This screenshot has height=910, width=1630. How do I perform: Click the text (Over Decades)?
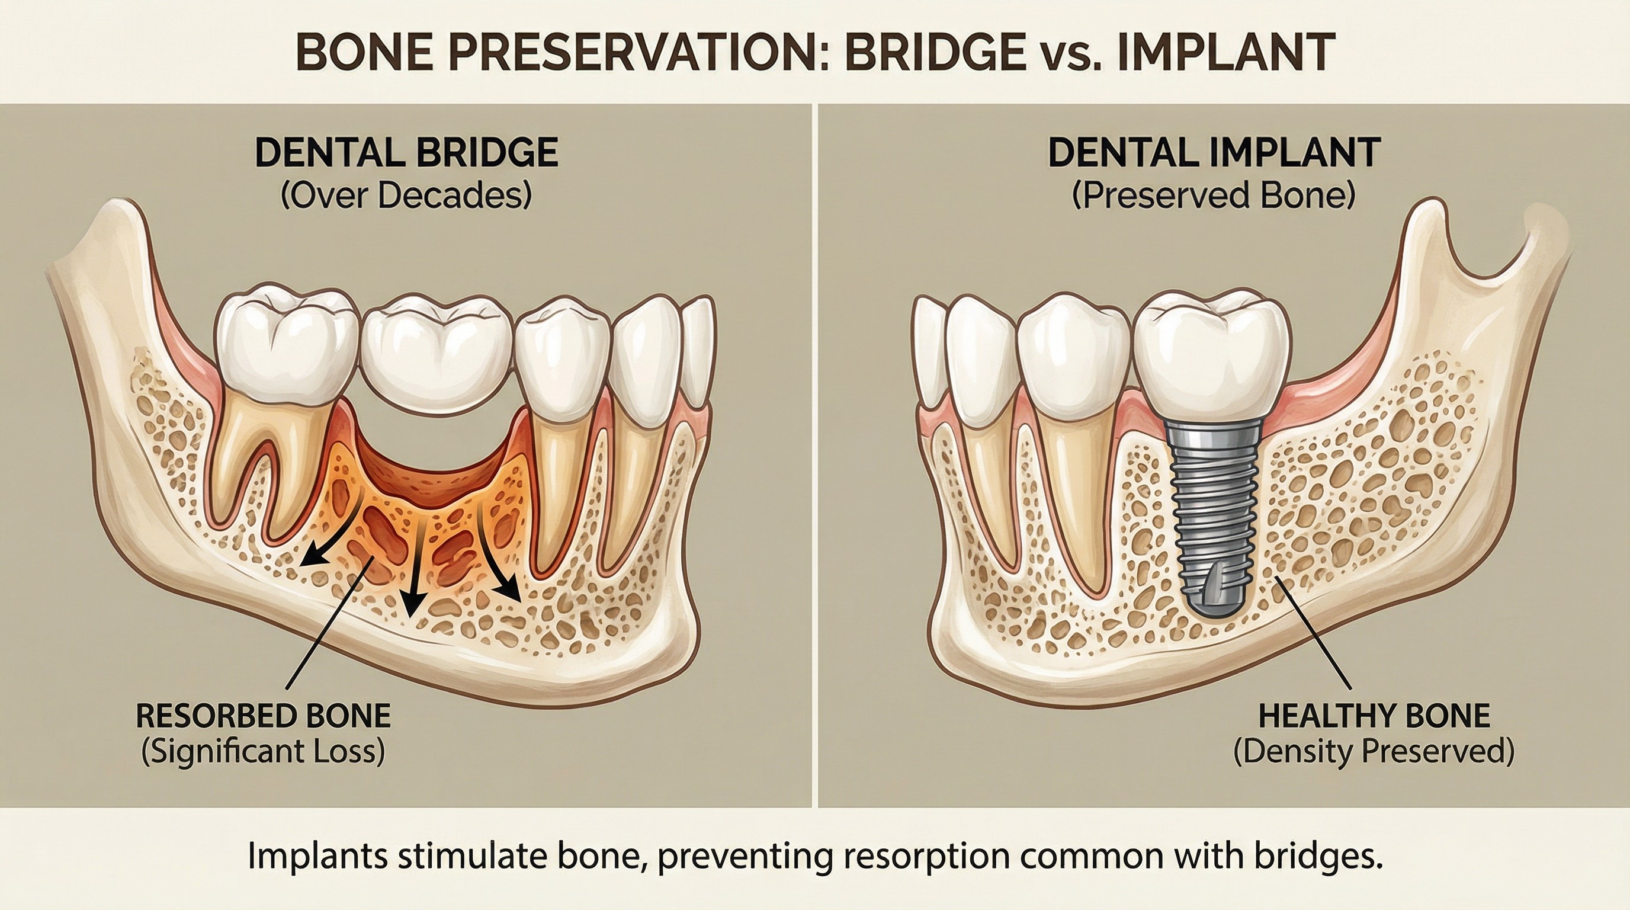(x=406, y=196)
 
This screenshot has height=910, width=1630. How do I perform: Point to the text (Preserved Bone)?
(x=1214, y=196)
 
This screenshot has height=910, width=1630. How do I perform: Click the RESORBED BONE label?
(x=263, y=716)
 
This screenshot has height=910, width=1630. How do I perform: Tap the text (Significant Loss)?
(x=263, y=752)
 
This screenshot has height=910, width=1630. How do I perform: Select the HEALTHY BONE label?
(x=1374, y=716)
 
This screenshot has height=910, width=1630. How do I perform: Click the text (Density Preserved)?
(x=1374, y=752)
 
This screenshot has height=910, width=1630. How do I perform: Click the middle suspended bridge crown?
(x=437, y=358)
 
